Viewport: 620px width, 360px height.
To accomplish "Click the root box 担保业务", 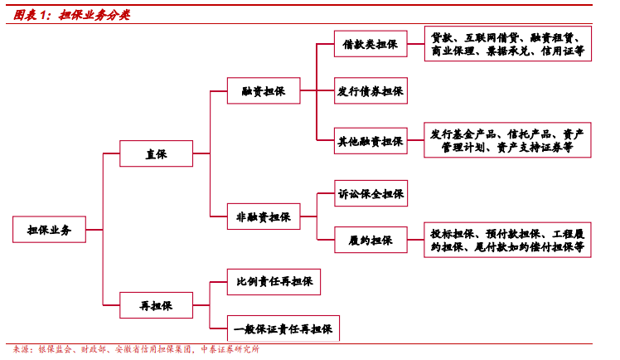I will pyautogui.click(x=50, y=230).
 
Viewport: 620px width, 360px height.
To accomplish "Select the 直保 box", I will pyautogui.click(x=157, y=153).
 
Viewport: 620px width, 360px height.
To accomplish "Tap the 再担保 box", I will pyautogui.click(x=157, y=306).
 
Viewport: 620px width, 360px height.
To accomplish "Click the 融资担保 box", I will pyautogui.click(x=264, y=91).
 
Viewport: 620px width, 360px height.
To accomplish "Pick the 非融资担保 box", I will pyautogui.click(x=264, y=217).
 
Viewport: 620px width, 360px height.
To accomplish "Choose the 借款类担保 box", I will pyautogui.click(x=371, y=45).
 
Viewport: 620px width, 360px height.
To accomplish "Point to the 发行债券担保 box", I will pyautogui.click(x=371, y=91).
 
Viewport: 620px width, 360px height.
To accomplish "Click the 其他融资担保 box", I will pyautogui.click(x=371, y=142).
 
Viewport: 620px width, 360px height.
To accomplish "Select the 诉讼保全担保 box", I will pyautogui.click(x=371, y=194).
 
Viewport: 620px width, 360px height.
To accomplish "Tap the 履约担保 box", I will pyautogui.click(x=371, y=241).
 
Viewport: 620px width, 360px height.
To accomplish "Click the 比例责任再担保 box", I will pyautogui.click(x=274, y=282).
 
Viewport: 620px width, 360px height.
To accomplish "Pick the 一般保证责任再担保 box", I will pyautogui.click(x=283, y=329).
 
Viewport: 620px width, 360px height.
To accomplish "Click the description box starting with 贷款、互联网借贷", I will pyautogui.click(x=507, y=45).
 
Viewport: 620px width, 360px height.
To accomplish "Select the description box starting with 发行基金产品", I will pyautogui.click(x=507, y=141).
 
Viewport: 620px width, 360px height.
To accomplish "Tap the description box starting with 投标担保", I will pyautogui.click(x=507, y=241).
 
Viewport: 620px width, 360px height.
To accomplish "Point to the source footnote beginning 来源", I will pyautogui.click(x=133, y=349).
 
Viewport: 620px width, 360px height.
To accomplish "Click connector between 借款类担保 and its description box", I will pyautogui.click(x=416, y=45).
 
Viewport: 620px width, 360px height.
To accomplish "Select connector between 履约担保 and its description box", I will pyautogui.click(x=416, y=241).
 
